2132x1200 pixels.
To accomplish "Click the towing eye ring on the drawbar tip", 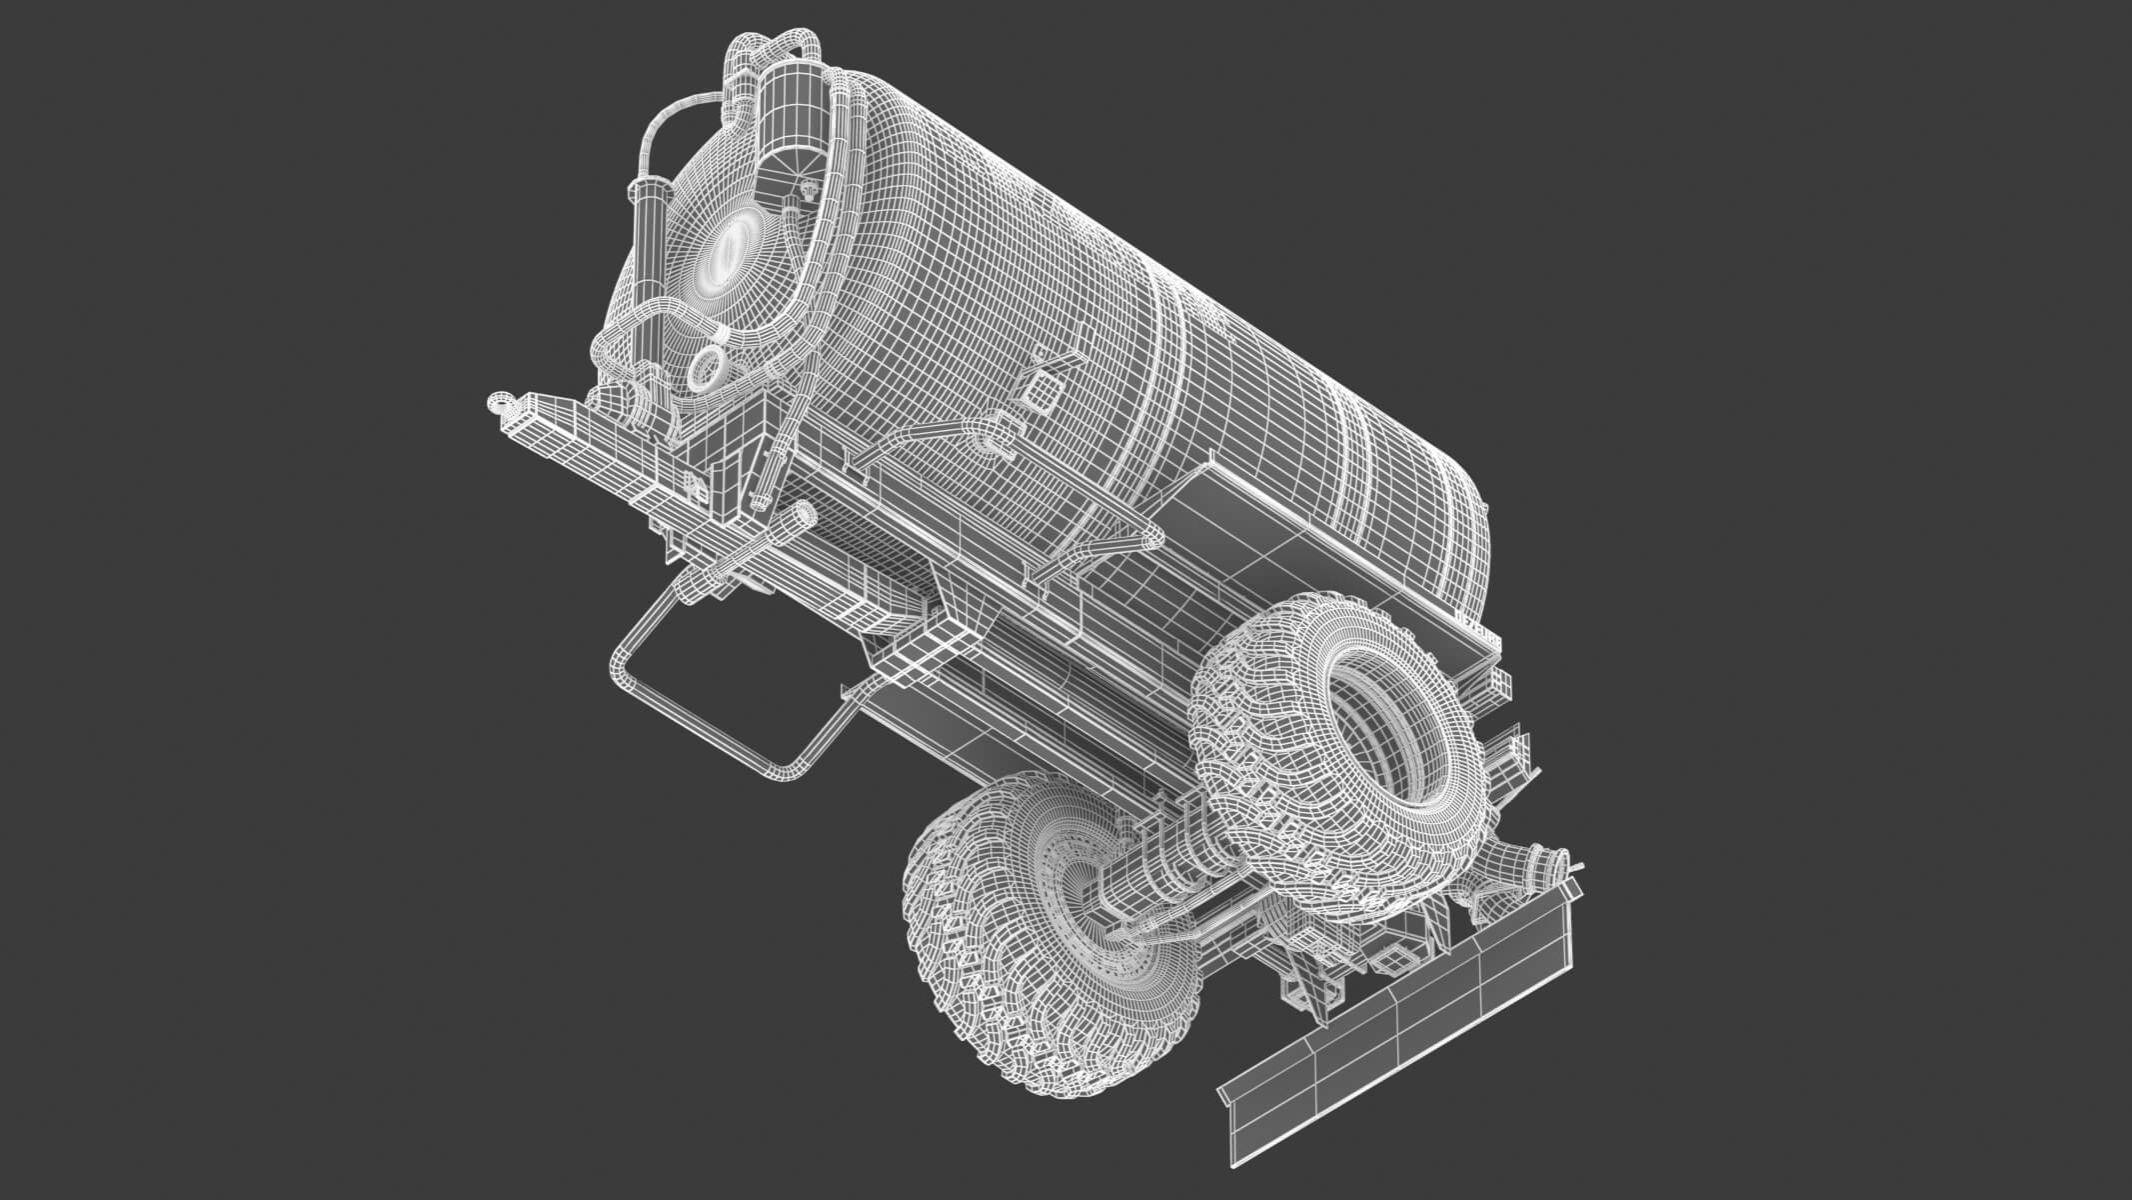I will (498, 403).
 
